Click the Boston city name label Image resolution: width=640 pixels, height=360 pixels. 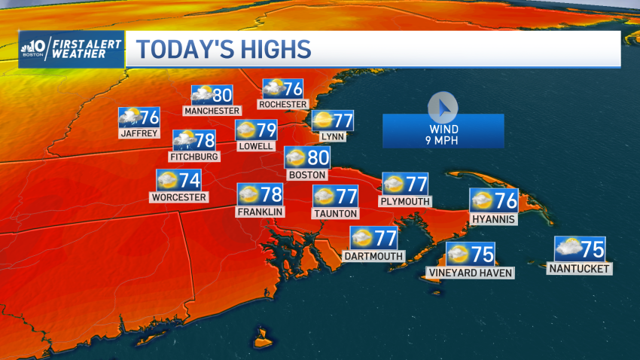307,175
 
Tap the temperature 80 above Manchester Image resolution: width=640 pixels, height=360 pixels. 222,95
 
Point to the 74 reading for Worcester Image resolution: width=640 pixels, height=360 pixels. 190,180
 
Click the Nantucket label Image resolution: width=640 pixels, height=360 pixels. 581,268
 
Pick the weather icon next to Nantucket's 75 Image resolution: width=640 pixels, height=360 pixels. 568,248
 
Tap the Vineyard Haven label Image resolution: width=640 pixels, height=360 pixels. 471,273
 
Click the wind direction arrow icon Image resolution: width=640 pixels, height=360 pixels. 443,108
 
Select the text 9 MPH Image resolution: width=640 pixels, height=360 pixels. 443,140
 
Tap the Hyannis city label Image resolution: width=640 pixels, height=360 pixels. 493,219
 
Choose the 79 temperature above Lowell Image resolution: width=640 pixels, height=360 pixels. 267,130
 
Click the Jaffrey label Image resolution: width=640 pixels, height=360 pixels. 139,133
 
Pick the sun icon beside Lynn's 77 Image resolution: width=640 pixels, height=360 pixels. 323,120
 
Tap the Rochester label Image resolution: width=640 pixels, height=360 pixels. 282,104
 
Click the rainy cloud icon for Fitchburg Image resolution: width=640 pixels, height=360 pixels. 184,140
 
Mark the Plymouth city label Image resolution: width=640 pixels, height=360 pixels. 405,201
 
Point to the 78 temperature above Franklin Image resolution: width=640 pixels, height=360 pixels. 272,194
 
